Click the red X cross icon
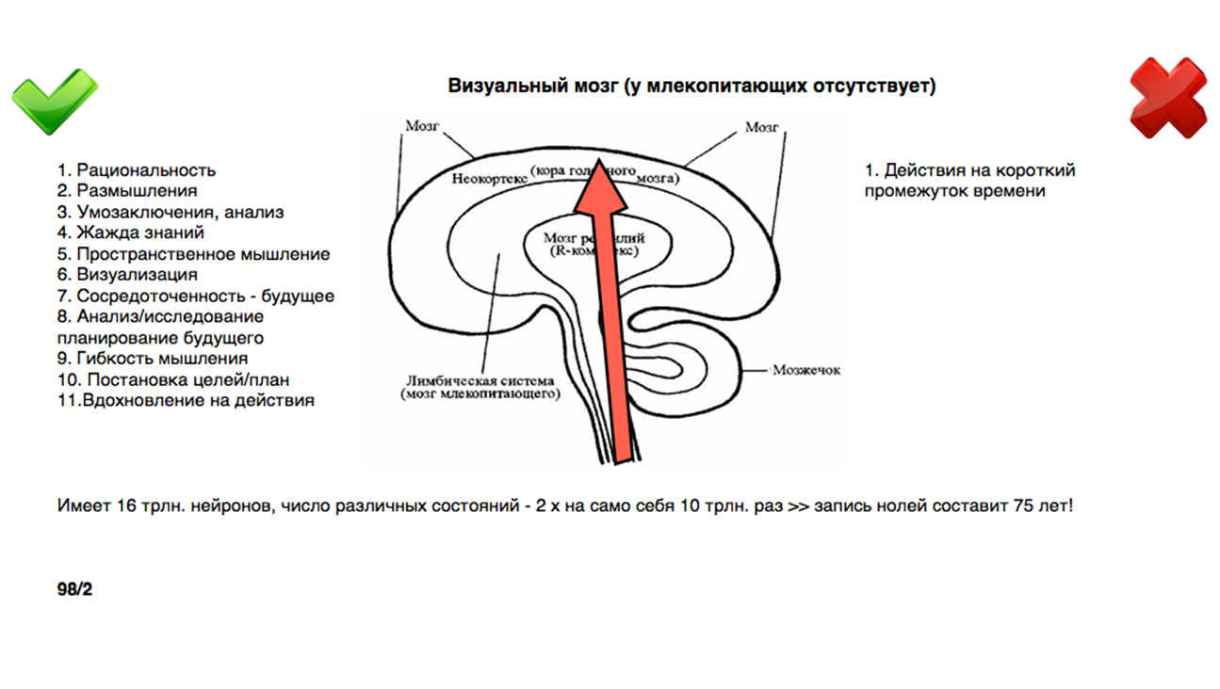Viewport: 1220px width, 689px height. (1168, 97)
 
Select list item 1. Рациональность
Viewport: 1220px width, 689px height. (137, 170)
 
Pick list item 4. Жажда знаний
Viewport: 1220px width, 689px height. (130, 232)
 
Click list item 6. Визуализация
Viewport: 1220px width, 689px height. (127, 275)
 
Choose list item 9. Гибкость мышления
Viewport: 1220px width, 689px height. (152, 359)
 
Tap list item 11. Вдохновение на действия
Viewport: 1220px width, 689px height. (186, 400)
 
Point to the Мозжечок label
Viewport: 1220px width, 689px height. (806, 370)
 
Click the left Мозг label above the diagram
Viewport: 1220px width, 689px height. (422, 125)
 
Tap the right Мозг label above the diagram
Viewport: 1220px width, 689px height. (761, 127)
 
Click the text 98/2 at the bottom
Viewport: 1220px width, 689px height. (74, 590)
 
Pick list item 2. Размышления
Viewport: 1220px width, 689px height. (127, 191)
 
